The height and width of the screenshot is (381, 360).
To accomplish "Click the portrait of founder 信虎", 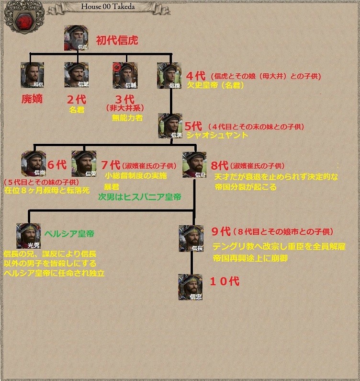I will (x=76, y=38).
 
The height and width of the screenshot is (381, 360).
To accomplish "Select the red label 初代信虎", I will (x=117, y=40).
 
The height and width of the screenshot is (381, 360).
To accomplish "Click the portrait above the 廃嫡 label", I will (x=32, y=75).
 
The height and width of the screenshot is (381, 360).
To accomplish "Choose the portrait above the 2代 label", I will (x=76, y=75).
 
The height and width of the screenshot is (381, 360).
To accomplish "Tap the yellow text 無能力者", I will (x=127, y=117).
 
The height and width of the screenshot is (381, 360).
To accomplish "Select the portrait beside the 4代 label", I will (x=169, y=75).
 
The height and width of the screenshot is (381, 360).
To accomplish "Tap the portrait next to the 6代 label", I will (x=33, y=163).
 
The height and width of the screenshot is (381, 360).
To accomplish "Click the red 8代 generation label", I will (x=221, y=166).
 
